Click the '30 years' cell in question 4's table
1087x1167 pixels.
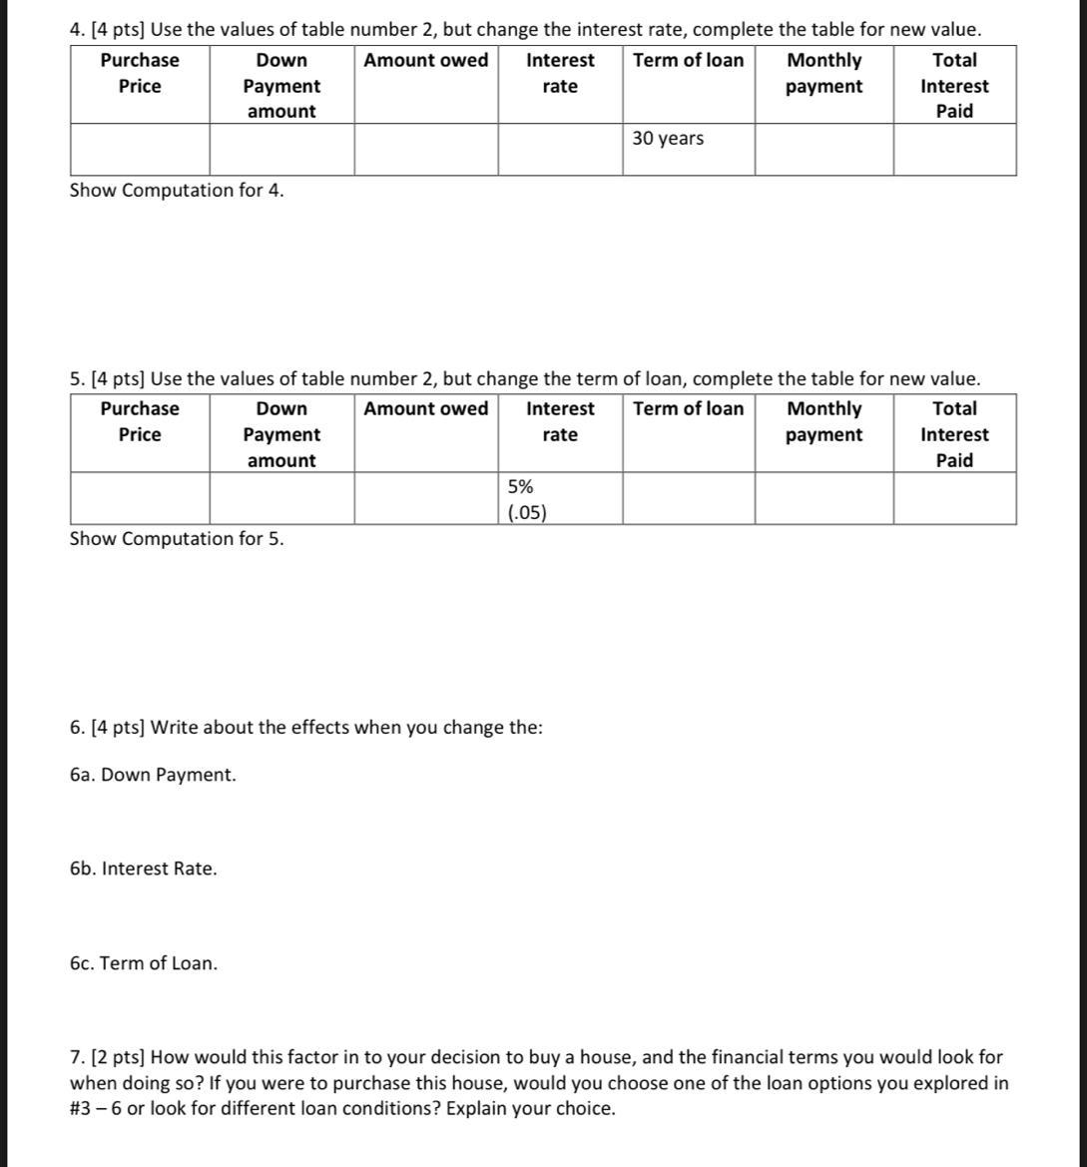[x=668, y=139]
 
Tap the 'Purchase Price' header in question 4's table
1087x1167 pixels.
[x=140, y=73]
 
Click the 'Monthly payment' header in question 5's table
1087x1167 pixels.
[x=823, y=421]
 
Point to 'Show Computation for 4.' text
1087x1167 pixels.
[x=177, y=190]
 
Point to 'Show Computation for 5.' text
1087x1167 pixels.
[x=177, y=538]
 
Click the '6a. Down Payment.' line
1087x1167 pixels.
[x=154, y=775]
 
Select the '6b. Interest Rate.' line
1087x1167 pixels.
[x=144, y=869]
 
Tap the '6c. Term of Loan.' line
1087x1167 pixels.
[x=144, y=963]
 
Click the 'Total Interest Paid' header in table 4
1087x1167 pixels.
[x=954, y=86]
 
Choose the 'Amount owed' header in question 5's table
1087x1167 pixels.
[x=426, y=408]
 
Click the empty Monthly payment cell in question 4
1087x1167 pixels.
[x=823, y=150]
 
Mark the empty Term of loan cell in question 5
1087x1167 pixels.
[x=689, y=498]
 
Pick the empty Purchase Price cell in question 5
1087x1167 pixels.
[x=140, y=498]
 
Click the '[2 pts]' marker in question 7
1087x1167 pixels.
[x=119, y=1056]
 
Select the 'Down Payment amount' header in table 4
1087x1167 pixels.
[x=281, y=86]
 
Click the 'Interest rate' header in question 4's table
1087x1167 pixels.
[x=560, y=73]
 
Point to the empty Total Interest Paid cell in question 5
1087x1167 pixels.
[x=954, y=498]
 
